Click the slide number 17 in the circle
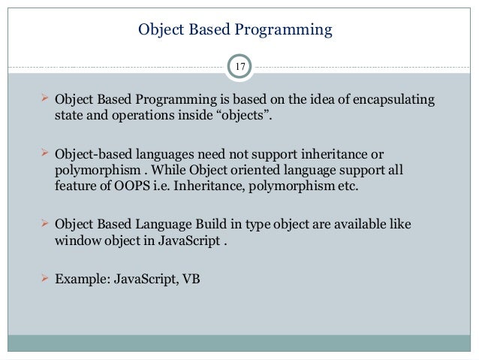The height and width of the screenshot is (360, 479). [239, 68]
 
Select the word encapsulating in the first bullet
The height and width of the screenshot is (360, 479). [396, 101]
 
